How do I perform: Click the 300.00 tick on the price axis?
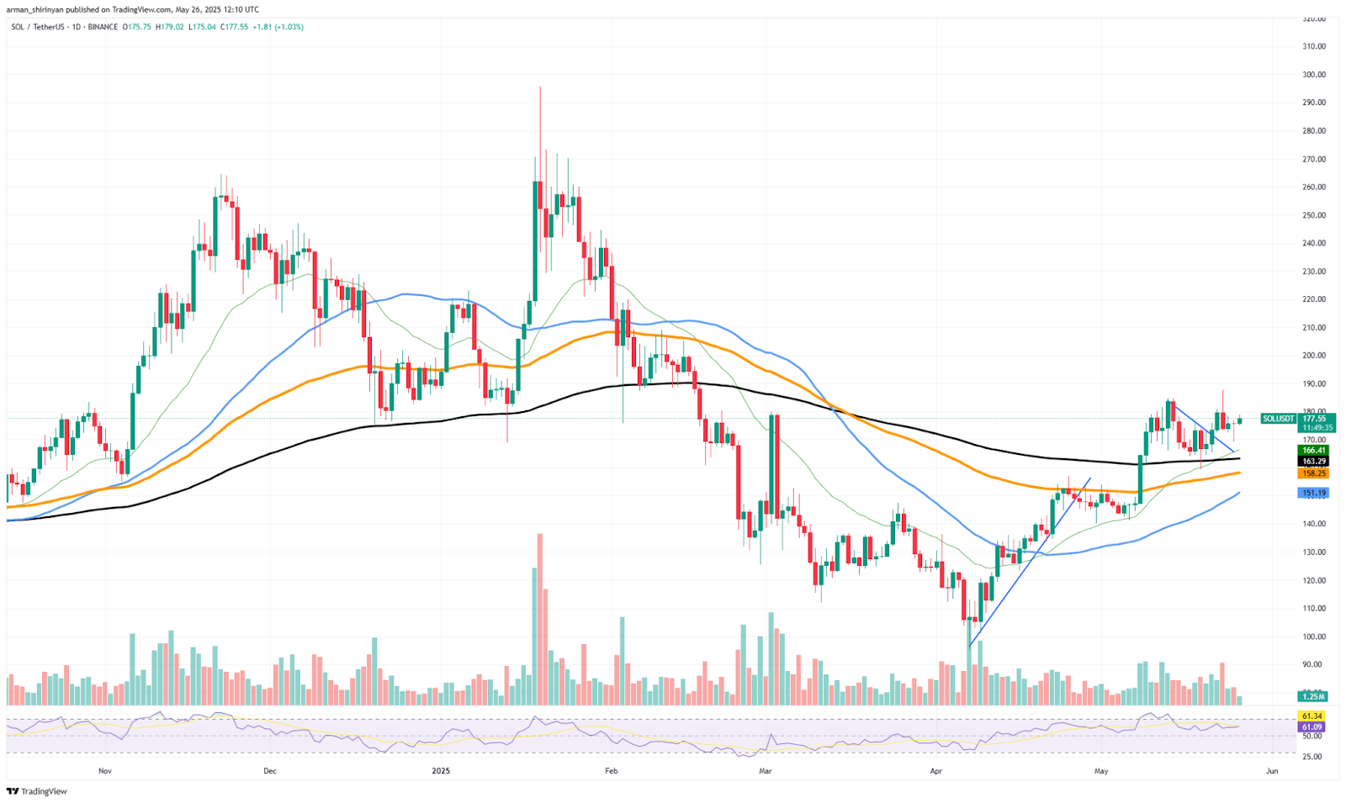1313,74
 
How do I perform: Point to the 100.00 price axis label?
1313,637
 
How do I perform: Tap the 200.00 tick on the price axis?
1313,355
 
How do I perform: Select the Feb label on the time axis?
612,770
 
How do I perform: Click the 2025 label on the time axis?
440,770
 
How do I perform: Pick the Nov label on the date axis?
105,770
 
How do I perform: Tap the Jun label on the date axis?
1271,770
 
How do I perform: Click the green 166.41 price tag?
1313,451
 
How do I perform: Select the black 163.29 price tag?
1313,462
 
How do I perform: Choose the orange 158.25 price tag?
1313,473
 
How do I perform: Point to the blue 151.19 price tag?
1313,494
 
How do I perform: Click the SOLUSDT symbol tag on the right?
1279,419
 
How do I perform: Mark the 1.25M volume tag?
1313,696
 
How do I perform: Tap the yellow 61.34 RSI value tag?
1312,716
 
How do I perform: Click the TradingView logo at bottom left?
37,791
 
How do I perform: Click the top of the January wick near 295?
540,87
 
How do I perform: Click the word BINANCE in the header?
103,27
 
